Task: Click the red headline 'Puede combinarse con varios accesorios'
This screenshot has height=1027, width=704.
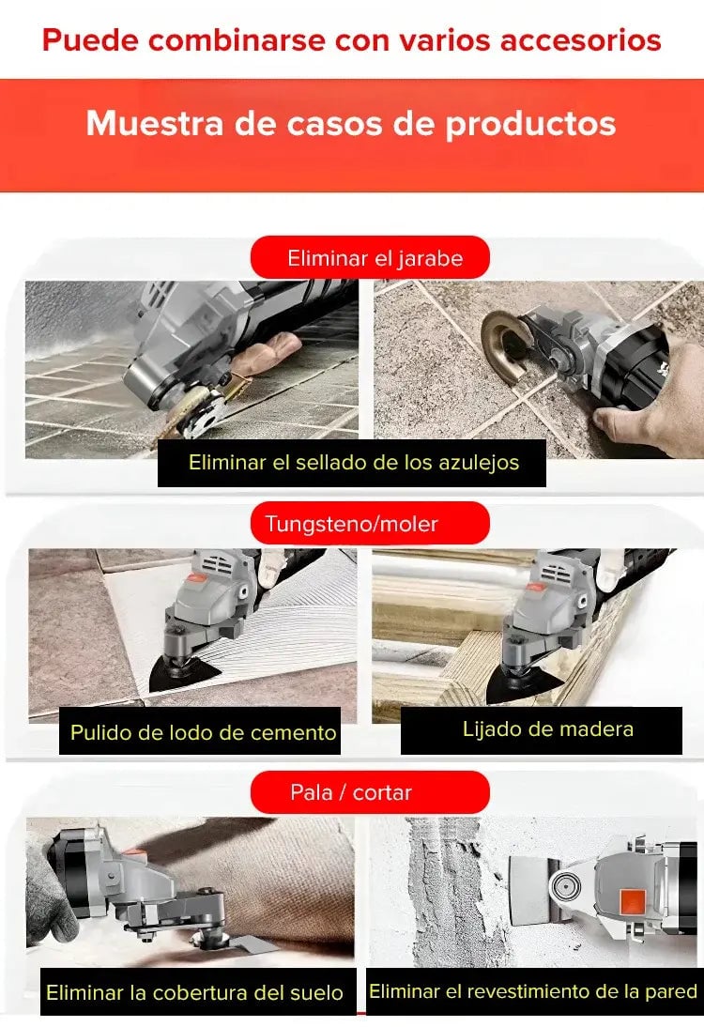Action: tap(352, 40)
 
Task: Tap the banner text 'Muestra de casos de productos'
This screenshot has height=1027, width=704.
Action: tap(351, 124)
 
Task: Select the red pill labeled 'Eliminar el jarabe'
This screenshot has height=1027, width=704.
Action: tap(370, 257)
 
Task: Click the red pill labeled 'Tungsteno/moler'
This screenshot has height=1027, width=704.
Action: tap(370, 523)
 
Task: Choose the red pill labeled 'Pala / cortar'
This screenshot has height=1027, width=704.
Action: tap(370, 792)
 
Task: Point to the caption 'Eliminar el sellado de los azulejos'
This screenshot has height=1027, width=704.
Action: tap(354, 463)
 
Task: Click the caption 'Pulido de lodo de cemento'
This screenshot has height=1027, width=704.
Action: tap(203, 732)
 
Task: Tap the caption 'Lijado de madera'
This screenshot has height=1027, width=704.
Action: tap(548, 729)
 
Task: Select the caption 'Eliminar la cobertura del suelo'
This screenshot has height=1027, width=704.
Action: tap(194, 993)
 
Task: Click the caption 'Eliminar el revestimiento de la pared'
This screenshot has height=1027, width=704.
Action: tap(533, 991)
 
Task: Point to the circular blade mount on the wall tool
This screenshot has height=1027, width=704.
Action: tap(564, 887)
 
